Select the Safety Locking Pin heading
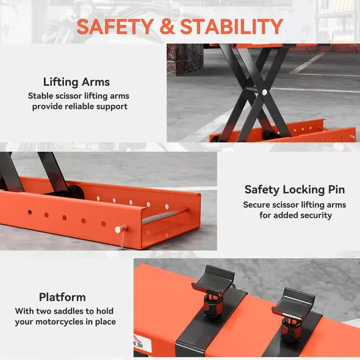coord(294,190)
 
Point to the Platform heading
coord(62,297)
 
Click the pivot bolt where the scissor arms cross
coord(264,92)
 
